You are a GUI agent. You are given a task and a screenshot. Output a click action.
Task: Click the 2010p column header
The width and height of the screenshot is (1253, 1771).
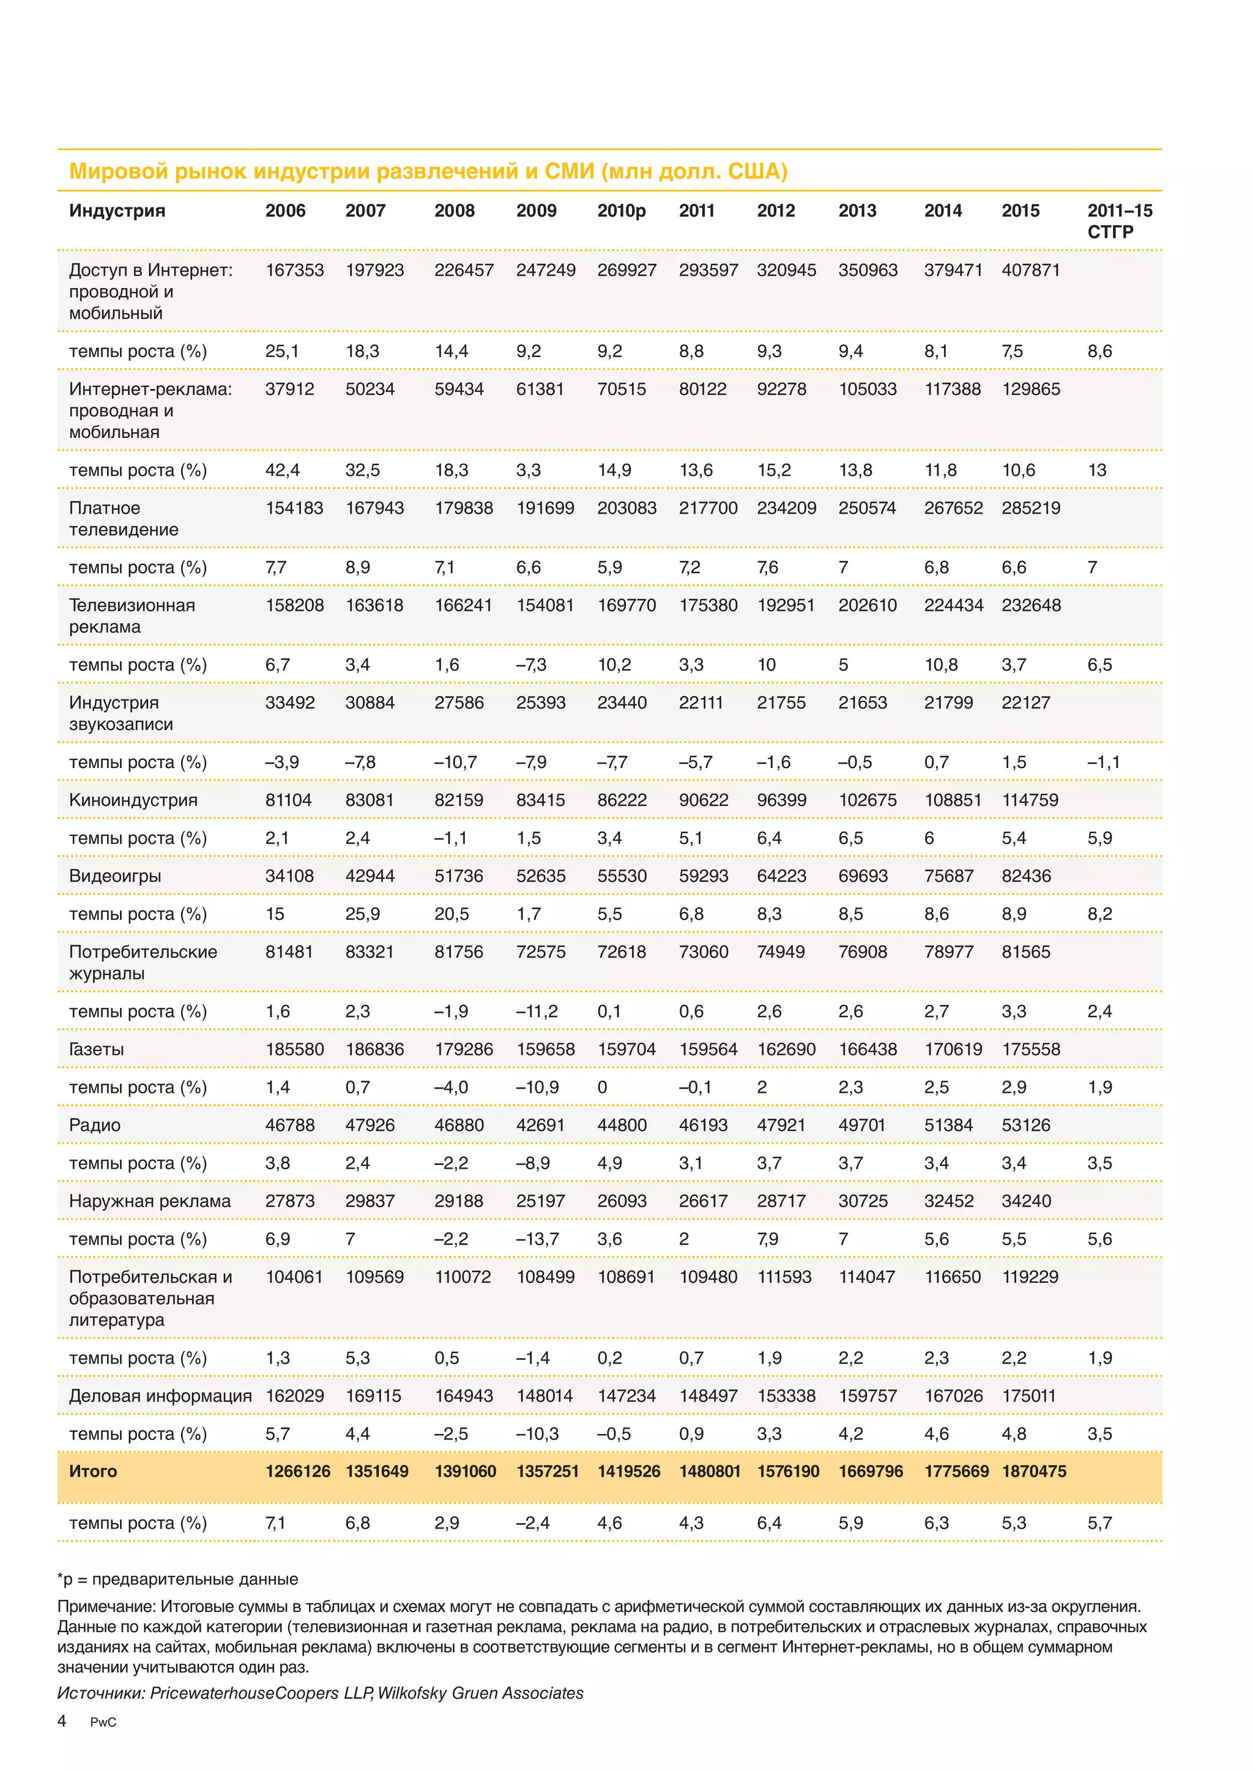click(621, 210)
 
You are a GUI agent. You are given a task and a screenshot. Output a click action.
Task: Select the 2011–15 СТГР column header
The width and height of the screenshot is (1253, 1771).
click(1120, 221)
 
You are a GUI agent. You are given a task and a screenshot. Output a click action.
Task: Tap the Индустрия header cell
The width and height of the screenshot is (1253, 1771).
click(117, 210)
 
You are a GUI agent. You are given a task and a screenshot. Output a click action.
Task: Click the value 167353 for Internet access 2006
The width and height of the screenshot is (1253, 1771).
click(295, 270)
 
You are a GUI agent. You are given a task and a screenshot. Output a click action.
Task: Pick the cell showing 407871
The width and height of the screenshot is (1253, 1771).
click(1031, 270)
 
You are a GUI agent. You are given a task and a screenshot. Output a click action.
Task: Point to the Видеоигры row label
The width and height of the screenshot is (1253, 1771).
click(115, 876)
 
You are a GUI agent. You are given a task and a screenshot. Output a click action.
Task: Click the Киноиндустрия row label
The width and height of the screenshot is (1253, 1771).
click(133, 800)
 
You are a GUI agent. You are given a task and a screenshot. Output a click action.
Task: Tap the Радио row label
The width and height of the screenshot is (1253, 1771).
click(95, 1125)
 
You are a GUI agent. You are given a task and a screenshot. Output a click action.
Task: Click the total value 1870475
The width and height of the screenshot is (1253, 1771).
click(1034, 1471)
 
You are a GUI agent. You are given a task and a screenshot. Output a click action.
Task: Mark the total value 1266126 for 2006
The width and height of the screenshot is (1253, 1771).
click(298, 1471)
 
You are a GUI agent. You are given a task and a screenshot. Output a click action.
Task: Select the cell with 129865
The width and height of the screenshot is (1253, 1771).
click(1031, 389)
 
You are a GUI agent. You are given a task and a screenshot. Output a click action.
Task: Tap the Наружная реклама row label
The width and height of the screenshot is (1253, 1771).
click(150, 1201)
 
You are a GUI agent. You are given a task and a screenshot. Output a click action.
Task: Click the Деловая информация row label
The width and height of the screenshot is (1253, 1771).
click(160, 1396)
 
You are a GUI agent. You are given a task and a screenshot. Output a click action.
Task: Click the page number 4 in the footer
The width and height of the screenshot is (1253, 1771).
click(62, 1721)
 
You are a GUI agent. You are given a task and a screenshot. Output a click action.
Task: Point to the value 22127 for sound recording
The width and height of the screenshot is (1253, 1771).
click(1026, 703)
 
